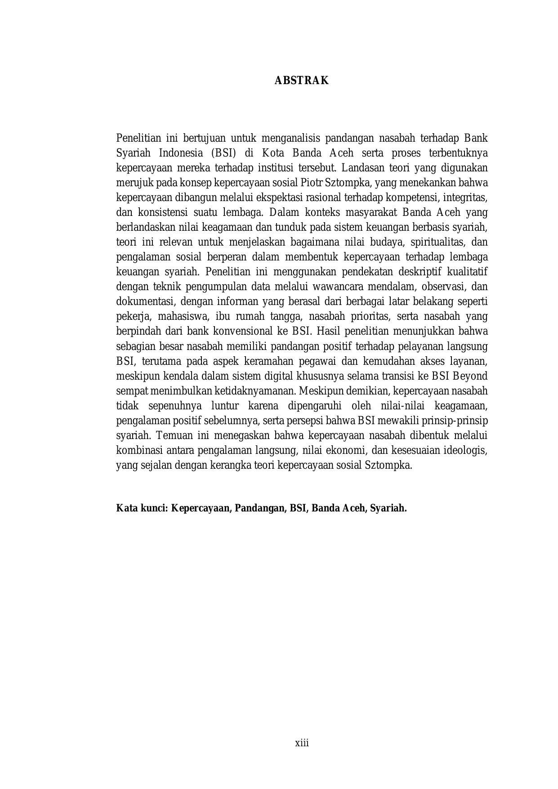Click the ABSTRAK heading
tap(302, 81)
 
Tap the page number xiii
tap(302, 743)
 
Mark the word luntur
tap(224, 405)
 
